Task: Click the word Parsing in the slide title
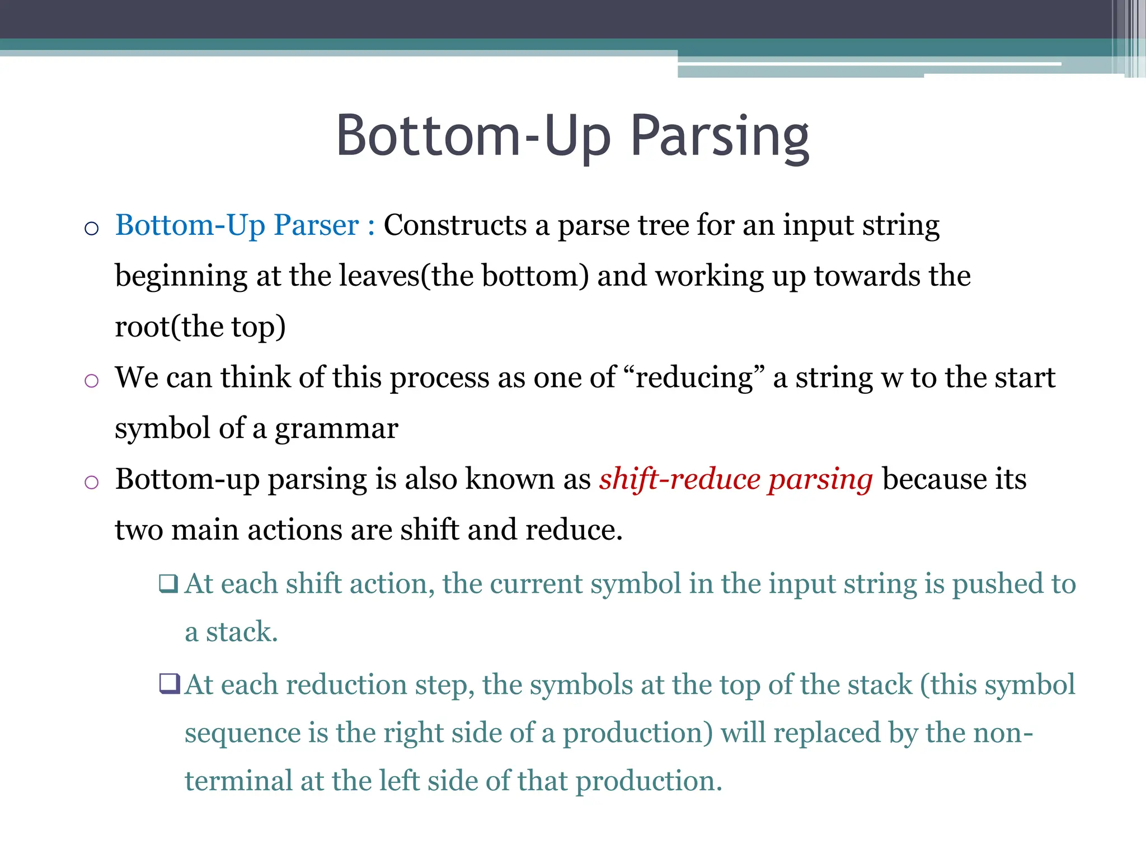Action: (x=720, y=137)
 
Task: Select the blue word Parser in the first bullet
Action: (x=316, y=225)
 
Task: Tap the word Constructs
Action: (x=455, y=225)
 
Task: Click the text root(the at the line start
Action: (x=169, y=327)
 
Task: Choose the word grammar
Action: (x=336, y=429)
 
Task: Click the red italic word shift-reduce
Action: (x=679, y=479)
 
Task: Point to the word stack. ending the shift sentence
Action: (x=242, y=632)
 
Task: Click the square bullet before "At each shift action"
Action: (x=168, y=584)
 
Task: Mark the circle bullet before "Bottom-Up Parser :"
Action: (x=91, y=229)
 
